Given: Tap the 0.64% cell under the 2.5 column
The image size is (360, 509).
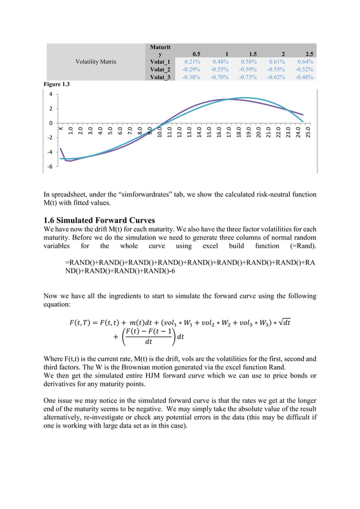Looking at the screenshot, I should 304,62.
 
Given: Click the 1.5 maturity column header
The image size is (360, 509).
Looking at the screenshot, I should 250,54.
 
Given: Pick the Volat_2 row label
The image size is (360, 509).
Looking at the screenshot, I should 160,69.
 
